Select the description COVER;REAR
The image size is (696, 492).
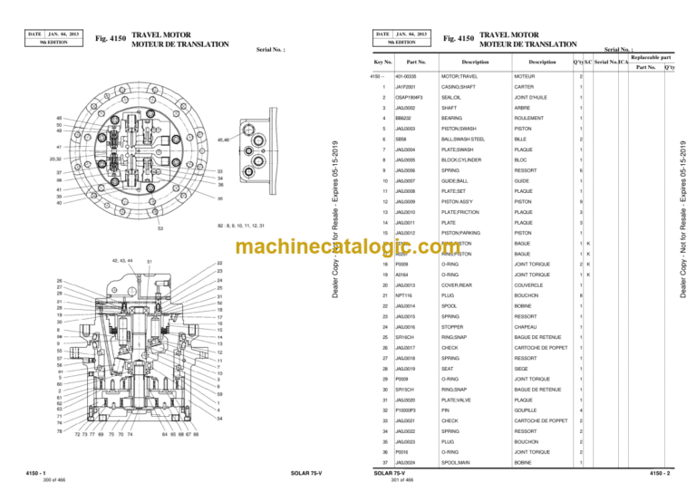click(x=458, y=285)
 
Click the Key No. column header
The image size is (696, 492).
click(x=382, y=61)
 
